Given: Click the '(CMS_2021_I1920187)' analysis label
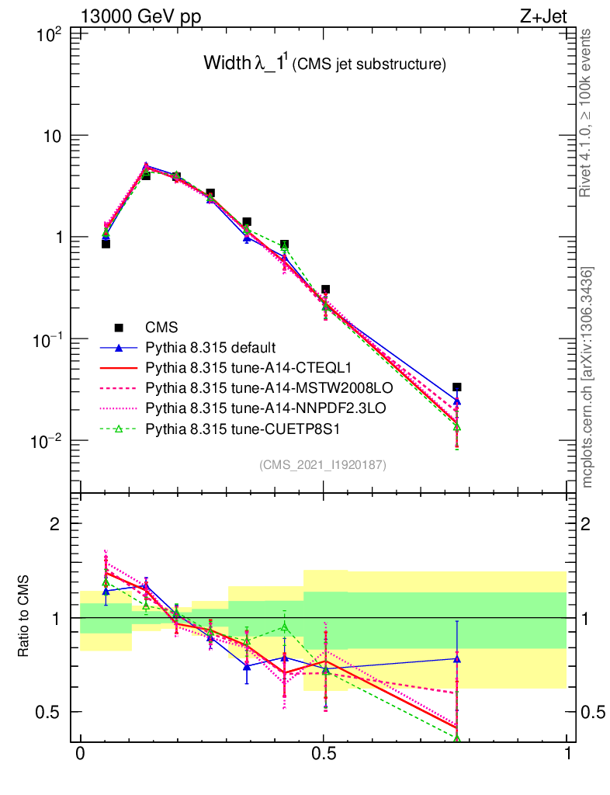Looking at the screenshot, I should tap(323, 464).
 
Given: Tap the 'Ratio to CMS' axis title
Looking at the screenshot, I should tap(25, 618).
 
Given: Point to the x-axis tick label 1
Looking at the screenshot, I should tap(567, 755).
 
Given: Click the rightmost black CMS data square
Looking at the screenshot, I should tap(457, 387).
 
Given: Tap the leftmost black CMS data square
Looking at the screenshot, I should tap(106, 244).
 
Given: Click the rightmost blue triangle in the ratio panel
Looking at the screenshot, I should tap(457, 659).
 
